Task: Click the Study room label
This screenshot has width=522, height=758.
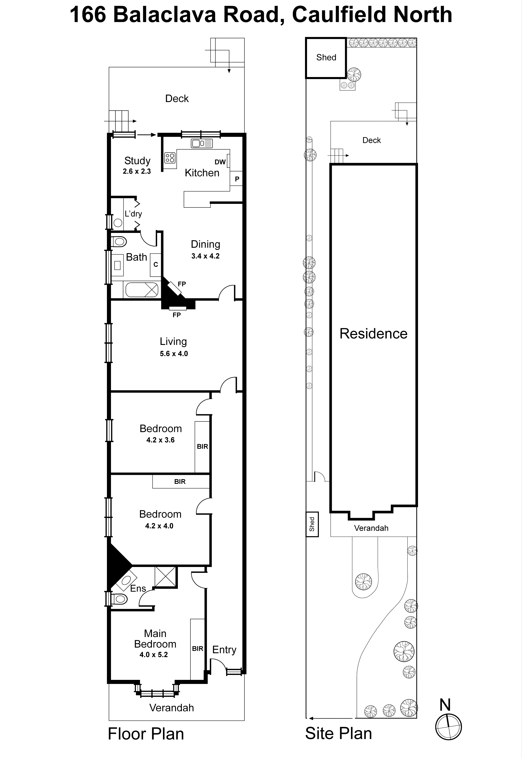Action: [x=137, y=161]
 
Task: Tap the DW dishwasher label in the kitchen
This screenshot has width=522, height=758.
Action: [x=220, y=162]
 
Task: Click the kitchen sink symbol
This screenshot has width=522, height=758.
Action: [x=202, y=143]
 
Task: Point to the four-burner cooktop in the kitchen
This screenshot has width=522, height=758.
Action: [x=170, y=158]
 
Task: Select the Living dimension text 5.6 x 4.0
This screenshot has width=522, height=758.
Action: [x=174, y=353]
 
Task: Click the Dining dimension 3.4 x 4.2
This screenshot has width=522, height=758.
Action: [x=205, y=256]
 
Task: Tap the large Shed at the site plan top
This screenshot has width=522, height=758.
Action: [x=326, y=58]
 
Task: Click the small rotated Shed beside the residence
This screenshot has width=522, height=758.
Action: [x=312, y=524]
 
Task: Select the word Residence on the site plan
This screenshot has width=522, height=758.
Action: [x=373, y=334]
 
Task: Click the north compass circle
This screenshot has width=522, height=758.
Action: [x=448, y=727]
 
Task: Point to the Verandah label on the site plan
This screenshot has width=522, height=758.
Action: [x=371, y=528]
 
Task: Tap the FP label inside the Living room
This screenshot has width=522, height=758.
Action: [x=177, y=315]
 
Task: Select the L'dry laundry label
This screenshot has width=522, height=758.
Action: [x=133, y=214]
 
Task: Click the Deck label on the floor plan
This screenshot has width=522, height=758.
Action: [x=177, y=98]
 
